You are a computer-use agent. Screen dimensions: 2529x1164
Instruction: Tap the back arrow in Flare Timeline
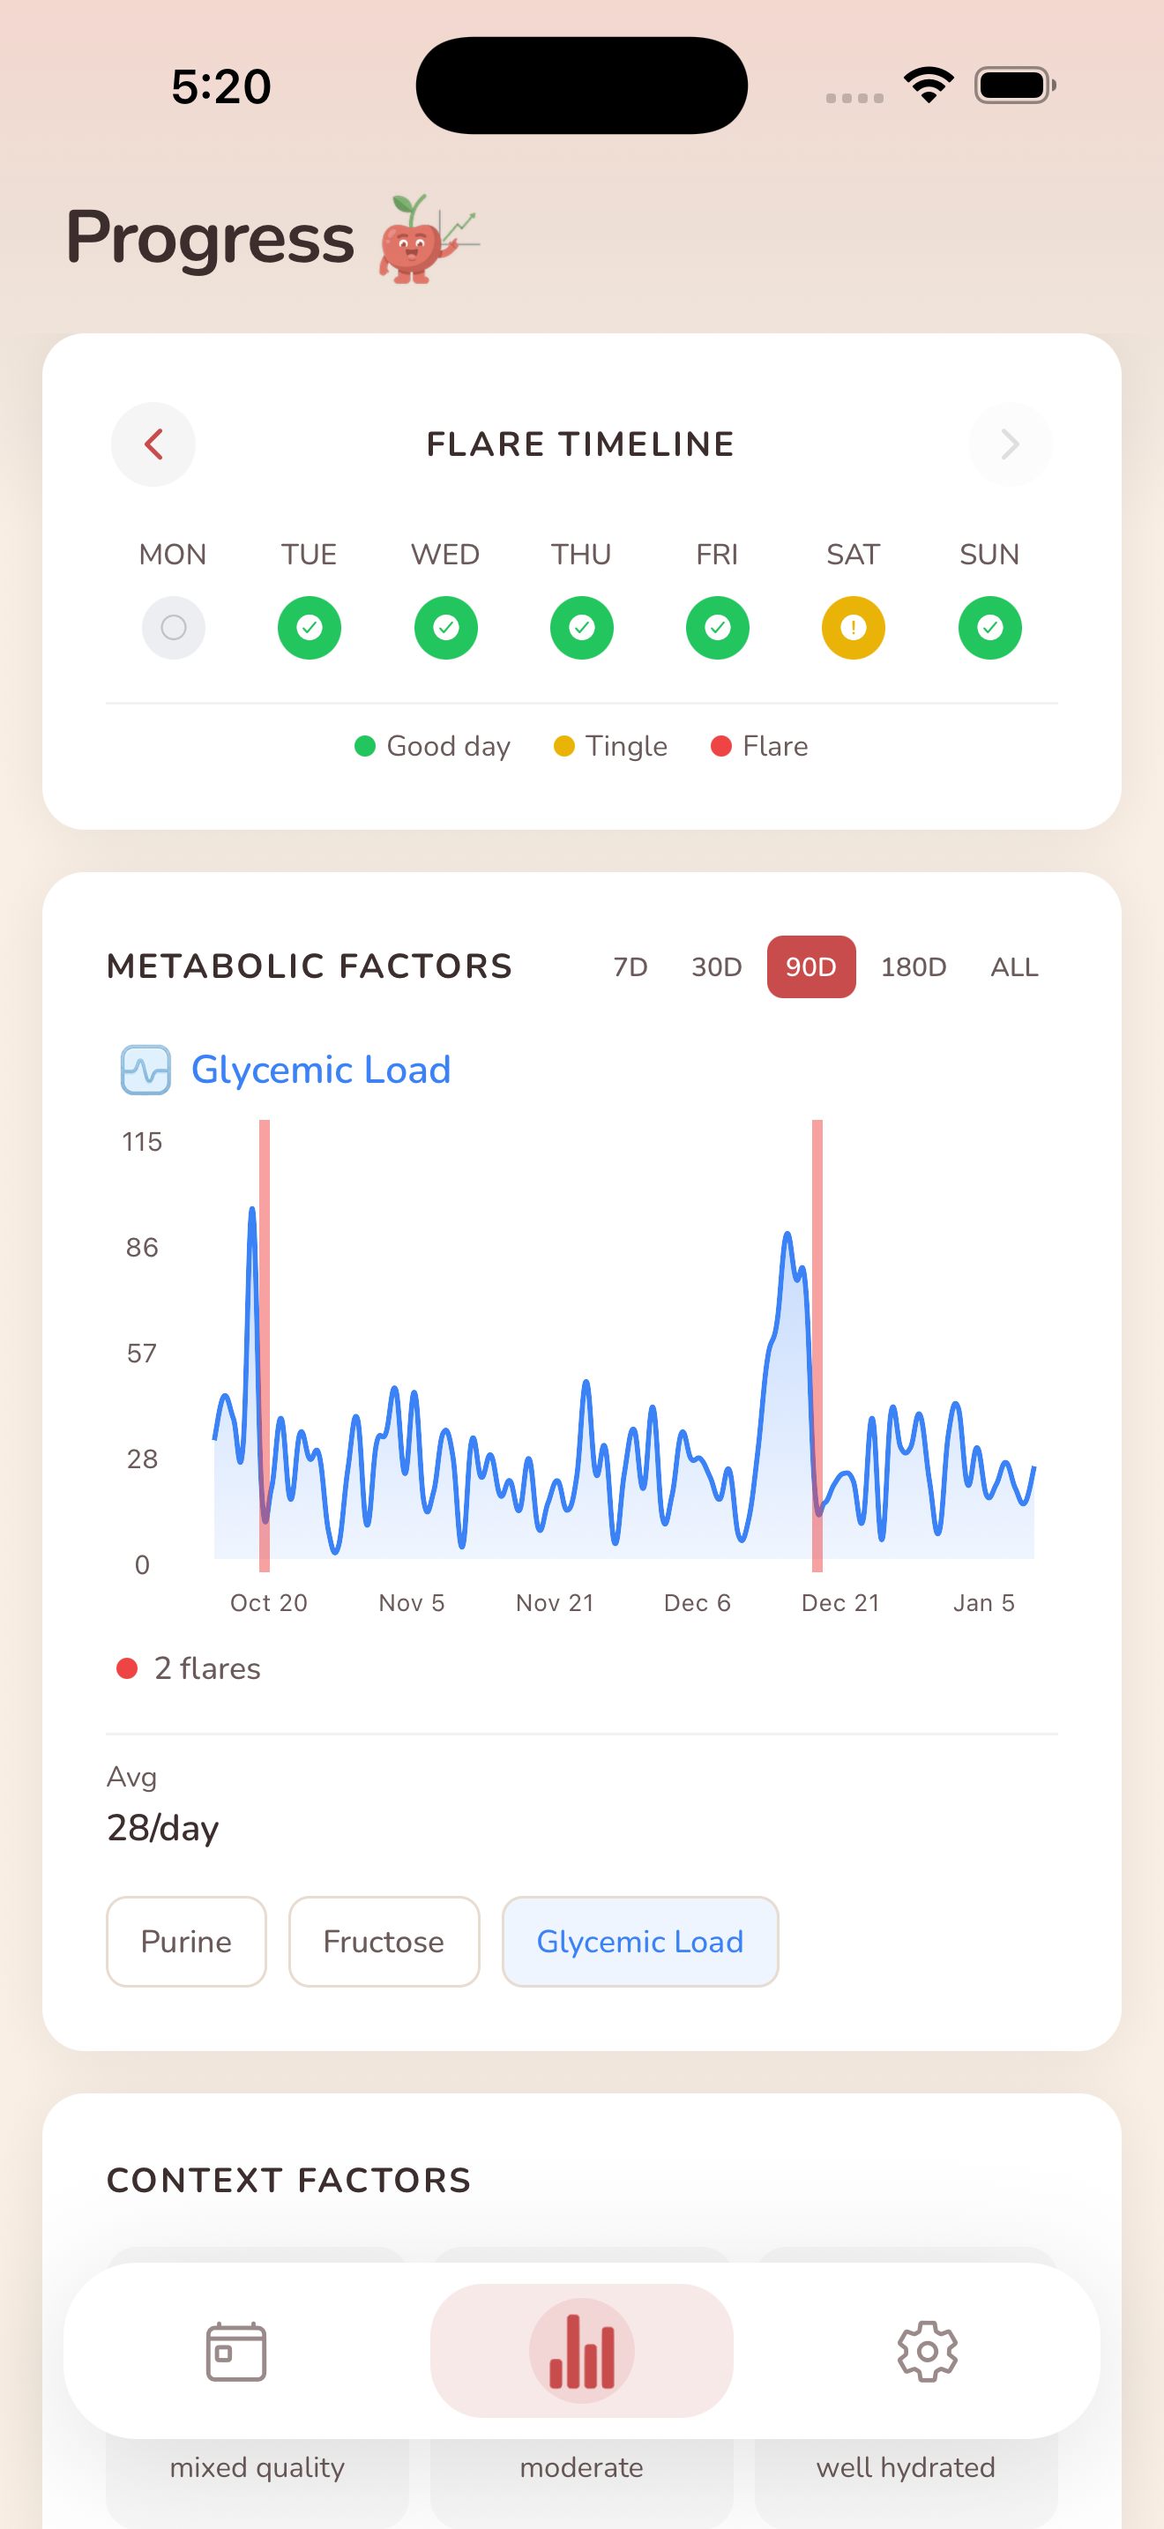[153, 444]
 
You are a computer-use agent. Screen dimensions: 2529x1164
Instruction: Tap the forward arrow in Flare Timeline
[1010, 444]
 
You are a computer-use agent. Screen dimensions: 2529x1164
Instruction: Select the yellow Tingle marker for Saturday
[853, 627]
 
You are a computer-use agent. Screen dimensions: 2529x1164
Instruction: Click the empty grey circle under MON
[174, 627]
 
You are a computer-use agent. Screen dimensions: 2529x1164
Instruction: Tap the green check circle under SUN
[989, 627]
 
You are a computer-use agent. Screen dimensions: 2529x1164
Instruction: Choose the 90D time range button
[810, 967]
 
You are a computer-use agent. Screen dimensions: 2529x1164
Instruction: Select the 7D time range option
[630, 967]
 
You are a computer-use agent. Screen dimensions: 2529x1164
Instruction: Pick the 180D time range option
[913, 967]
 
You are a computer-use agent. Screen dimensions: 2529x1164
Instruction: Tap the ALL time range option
[1014, 967]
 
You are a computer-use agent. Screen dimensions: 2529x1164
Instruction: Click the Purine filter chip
[186, 1941]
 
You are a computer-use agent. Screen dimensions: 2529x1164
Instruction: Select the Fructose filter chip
[384, 1941]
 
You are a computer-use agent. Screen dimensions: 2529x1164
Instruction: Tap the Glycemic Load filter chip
[640, 1941]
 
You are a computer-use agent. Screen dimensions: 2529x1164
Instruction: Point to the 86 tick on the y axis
[142, 1248]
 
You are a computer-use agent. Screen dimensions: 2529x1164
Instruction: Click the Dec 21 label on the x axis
[840, 1603]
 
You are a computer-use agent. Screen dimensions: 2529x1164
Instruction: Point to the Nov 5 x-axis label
[411, 1603]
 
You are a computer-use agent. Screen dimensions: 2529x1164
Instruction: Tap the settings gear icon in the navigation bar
[927, 2351]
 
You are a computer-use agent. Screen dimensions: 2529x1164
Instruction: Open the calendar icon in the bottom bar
[236, 2351]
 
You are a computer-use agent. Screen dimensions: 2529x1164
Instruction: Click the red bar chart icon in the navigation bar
[582, 2351]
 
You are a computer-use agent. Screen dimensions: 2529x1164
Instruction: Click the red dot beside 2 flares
[127, 1668]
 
